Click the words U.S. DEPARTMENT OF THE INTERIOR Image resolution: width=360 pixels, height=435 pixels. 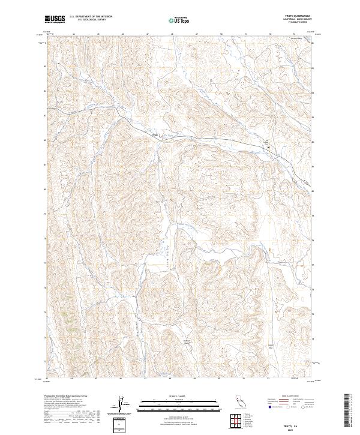(91, 16)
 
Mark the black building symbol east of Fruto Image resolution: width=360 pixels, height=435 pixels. (268, 146)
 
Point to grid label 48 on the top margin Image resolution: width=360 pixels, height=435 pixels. (172, 34)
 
